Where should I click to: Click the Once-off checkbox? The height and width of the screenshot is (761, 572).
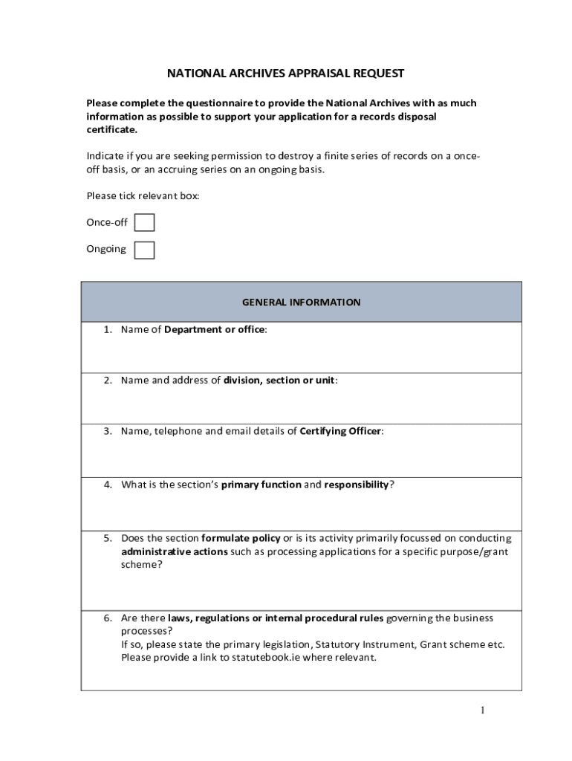coord(145,222)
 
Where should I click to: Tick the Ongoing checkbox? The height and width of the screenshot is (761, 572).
coord(145,250)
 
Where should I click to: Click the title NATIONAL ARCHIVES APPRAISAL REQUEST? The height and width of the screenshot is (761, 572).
coord(285,74)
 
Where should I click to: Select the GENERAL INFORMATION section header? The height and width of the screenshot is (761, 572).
coord(301,302)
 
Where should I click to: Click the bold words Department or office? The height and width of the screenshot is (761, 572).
coord(214,329)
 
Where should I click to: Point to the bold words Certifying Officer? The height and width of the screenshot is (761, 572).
coord(341,431)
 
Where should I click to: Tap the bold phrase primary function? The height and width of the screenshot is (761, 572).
coord(261,485)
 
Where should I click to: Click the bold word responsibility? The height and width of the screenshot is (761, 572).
coord(357,485)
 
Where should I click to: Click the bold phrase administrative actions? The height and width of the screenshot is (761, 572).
coord(175,551)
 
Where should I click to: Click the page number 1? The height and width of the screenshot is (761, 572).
coord(482,710)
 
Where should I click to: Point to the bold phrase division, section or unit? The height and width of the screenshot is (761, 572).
coord(279,380)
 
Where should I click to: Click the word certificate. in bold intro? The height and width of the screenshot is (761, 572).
coord(112,130)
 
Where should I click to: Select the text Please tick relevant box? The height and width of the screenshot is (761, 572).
coord(143,196)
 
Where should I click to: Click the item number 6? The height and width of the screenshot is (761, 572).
coord(108,618)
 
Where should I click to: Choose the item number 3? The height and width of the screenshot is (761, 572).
coord(108,431)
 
